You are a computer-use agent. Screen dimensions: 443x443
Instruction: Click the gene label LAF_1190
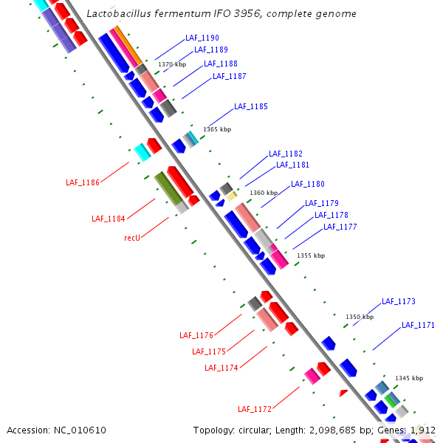201,38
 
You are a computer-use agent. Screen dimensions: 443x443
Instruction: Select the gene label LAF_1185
250,106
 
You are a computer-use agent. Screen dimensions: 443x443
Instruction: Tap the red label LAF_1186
82,182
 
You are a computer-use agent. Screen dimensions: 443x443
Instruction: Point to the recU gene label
132,238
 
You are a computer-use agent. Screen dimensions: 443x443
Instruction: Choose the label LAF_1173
398,301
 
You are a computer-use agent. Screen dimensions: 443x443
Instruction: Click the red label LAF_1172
255,409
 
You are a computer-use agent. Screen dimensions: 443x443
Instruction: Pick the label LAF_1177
340,227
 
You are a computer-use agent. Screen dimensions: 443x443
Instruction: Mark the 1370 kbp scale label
172,65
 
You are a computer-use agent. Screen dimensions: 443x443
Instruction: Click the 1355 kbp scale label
311,255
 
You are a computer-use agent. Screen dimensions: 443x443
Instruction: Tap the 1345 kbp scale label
409,378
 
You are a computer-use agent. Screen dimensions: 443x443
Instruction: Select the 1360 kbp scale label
264,193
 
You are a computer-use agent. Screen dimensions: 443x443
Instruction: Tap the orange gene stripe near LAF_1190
127,44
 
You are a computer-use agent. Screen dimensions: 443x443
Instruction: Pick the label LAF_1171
418,325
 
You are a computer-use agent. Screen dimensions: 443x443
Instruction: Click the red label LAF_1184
108,219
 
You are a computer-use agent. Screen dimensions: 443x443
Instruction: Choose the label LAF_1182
285,154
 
